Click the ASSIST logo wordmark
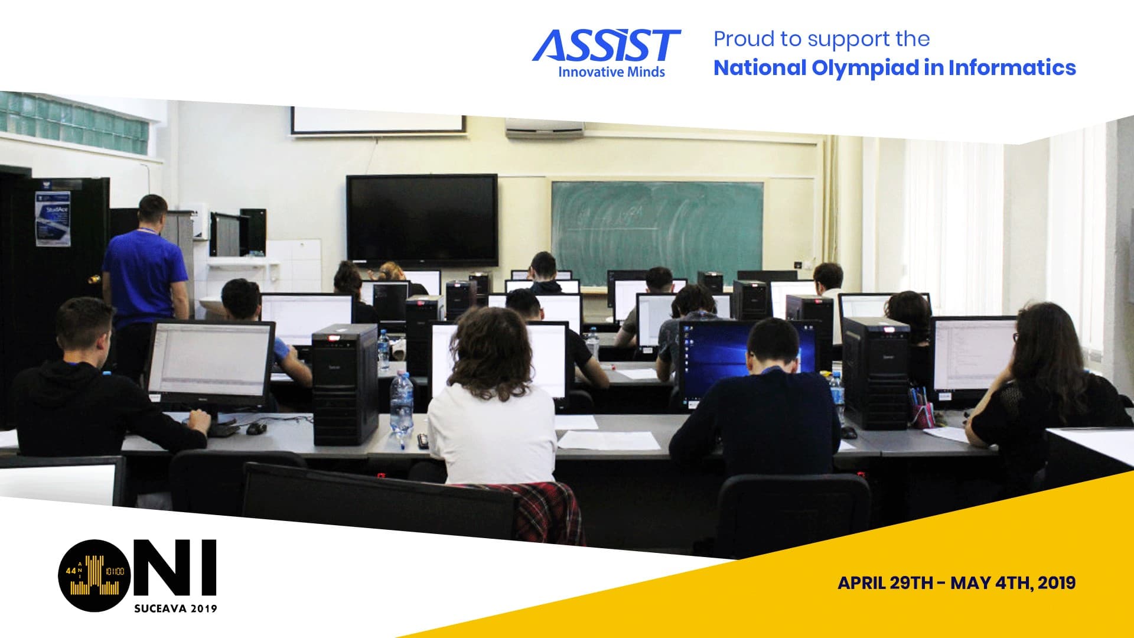pos(606,46)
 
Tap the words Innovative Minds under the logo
pos(611,73)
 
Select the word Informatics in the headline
pos(1012,68)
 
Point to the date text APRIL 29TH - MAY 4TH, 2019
pos(956,583)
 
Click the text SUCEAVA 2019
pos(175,608)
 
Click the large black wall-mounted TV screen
pos(422,219)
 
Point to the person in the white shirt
pos(491,414)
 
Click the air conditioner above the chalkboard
pos(545,128)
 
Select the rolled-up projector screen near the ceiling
pos(377,121)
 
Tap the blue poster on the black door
pos(53,219)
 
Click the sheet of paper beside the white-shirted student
pos(608,440)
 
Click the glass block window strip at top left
pos(74,121)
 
